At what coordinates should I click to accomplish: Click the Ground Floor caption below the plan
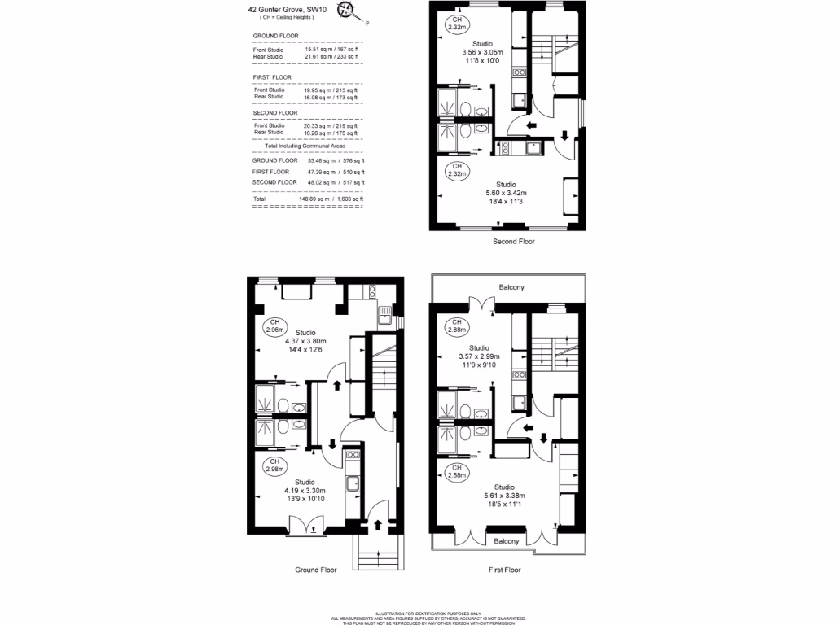click(x=315, y=570)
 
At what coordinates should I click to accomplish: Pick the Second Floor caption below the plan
click(x=514, y=242)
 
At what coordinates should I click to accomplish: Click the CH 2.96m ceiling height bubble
click(x=274, y=327)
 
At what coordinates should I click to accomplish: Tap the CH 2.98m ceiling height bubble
click(x=274, y=465)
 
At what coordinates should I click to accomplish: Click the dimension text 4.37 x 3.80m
click(x=305, y=341)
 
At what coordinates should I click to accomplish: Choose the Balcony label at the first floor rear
click(x=511, y=287)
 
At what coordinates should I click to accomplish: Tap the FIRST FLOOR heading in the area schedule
click(x=271, y=77)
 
